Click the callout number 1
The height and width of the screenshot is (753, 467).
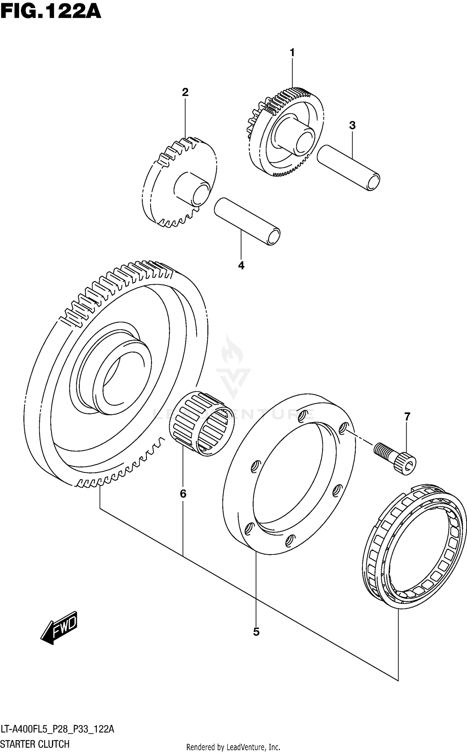292,53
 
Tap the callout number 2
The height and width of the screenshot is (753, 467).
185,92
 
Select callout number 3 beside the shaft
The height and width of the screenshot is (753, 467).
352,126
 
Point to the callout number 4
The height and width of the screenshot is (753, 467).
241,265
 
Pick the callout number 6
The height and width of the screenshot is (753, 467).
183,494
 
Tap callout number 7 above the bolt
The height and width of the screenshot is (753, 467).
407,416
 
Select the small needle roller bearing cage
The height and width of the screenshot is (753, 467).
201,424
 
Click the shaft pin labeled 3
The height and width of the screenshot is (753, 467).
349,168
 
